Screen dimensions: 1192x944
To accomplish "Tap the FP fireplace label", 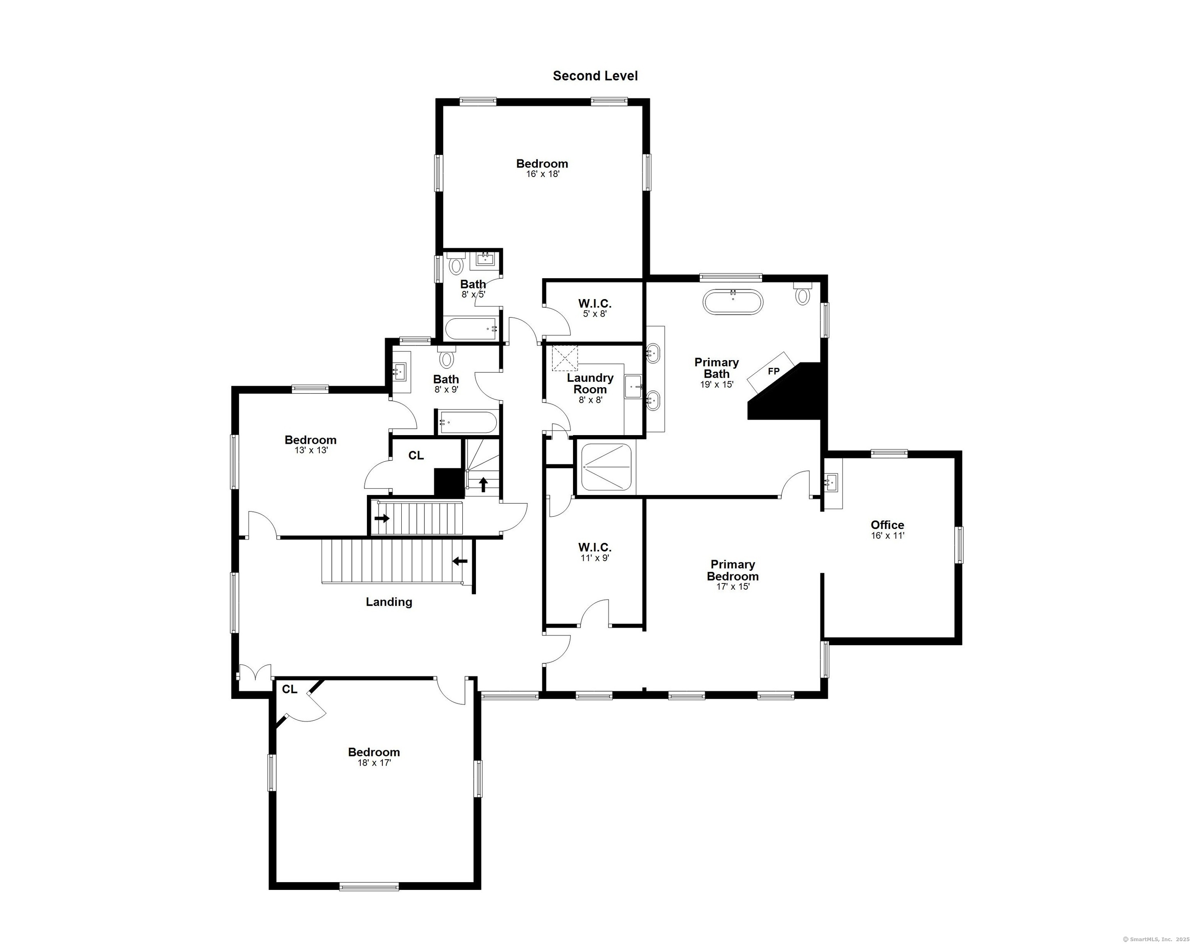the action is [773, 371].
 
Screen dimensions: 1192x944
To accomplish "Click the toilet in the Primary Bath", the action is [802, 293].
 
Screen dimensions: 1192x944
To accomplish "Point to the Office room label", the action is [887, 525].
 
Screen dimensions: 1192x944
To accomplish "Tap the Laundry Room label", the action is [590, 383].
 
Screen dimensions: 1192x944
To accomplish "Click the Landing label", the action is [389, 602].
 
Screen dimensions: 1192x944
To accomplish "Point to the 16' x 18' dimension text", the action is [542, 174].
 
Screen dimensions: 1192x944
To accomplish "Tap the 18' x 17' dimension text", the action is [374, 763].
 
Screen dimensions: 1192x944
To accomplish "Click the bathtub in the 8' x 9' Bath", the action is [468, 422].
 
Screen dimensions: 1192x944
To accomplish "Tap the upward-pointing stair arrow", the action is [483, 485].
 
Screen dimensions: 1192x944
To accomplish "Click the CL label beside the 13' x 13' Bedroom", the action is [416, 456].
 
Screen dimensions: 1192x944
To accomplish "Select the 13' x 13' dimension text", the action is [311, 450].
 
